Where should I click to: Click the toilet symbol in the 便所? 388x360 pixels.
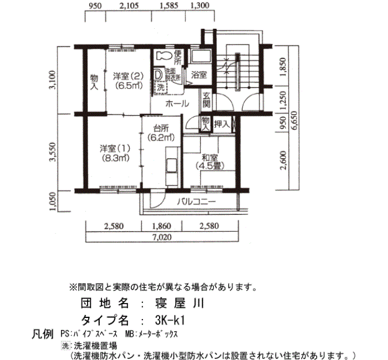pos(164,56)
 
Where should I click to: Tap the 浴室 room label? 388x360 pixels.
pos(198,75)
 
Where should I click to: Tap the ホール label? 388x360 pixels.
pos(177,104)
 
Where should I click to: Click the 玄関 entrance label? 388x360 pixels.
pos(206,100)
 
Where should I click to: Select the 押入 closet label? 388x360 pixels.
pos(222,124)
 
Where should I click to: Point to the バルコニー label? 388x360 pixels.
pos(196,202)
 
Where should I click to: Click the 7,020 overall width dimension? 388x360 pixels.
pos(162,237)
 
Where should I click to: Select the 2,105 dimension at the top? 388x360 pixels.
pos(129,6)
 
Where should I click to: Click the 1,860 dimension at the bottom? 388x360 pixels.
pos(161,226)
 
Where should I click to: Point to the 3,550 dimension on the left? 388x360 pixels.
pos(53,152)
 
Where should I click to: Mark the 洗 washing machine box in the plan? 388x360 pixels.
pos(161,88)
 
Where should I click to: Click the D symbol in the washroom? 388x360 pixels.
pos(157,74)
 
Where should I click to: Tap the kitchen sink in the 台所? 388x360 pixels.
pos(171,166)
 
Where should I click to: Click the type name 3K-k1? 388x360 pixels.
pos(170,321)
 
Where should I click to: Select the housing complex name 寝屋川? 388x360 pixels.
pos(180,303)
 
